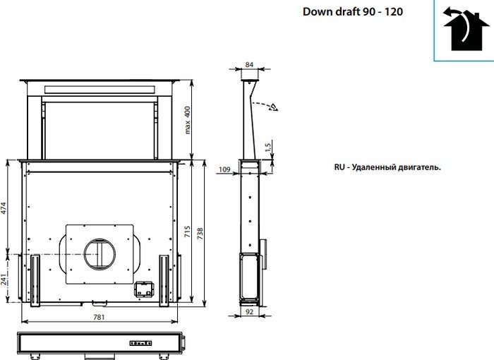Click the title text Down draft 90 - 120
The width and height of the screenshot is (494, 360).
click(353, 12)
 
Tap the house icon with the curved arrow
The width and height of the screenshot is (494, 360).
click(462, 30)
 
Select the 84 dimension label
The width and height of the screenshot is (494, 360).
click(249, 64)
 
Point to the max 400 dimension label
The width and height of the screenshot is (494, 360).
click(188, 120)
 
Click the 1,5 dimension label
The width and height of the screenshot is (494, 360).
click(267, 148)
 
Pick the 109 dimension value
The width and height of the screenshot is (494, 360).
click(224, 169)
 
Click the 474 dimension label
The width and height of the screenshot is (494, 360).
click(4, 208)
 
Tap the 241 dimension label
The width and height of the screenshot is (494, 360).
click(4, 280)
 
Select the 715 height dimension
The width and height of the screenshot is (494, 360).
click(187, 232)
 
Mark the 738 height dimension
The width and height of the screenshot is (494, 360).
click(200, 234)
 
